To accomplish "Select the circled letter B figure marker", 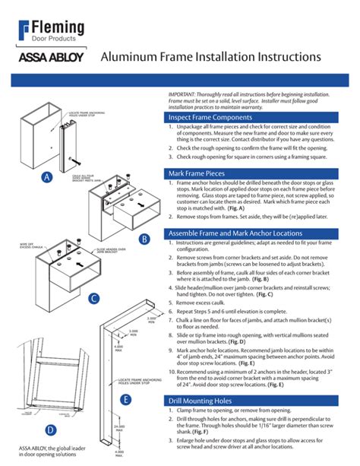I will tap(144, 239).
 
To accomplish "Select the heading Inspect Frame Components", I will tap(210, 118).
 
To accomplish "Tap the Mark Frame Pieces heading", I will tap(199, 173).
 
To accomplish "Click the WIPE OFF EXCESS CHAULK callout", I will tap(29, 246).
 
